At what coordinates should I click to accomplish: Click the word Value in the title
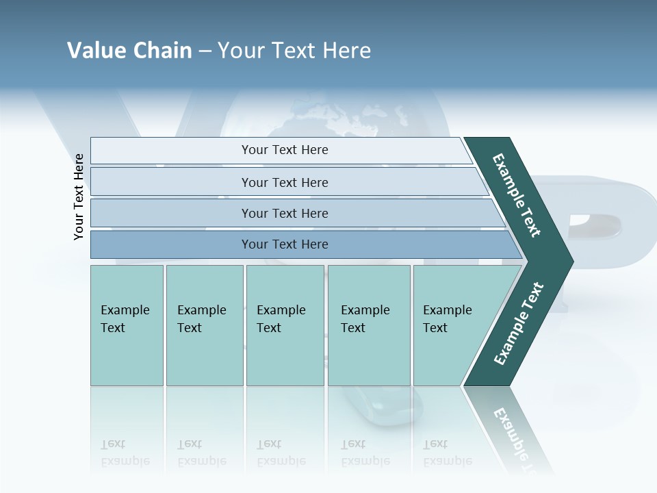pyautogui.click(x=94, y=51)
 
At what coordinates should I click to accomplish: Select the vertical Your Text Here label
pyautogui.click(x=79, y=197)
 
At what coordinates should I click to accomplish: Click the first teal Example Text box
pyautogui.click(x=127, y=325)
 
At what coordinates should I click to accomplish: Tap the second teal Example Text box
pyautogui.click(x=205, y=325)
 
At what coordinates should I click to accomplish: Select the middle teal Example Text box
pyautogui.click(x=285, y=325)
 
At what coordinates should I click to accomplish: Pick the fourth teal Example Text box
pyautogui.click(x=369, y=325)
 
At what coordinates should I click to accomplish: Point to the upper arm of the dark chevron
pyautogui.click(x=517, y=196)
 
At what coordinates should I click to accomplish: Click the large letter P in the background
pyautogui.click(x=589, y=226)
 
